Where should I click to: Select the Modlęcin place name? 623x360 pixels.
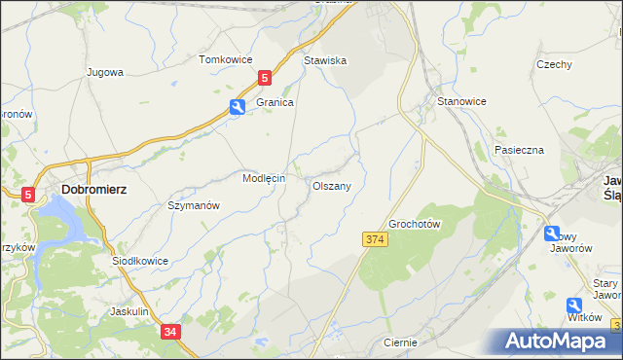coord(263,179)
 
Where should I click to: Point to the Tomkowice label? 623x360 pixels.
coord(225,59)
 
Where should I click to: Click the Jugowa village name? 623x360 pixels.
coord(104,72)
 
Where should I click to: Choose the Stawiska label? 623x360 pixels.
coord(325,60)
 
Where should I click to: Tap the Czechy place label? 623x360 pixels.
coord(553,64)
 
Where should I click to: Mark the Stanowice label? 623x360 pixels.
coord(461,101)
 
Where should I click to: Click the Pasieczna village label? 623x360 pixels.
coord(518,150)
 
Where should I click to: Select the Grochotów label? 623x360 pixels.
coord(416,224)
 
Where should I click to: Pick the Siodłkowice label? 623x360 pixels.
coord(140,261)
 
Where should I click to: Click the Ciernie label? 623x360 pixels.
coord(400,342)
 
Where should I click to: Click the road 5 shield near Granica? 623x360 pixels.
coord(264,77)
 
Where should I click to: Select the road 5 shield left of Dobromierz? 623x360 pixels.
coord(28,195)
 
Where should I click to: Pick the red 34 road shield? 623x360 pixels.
coord(170,333)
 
